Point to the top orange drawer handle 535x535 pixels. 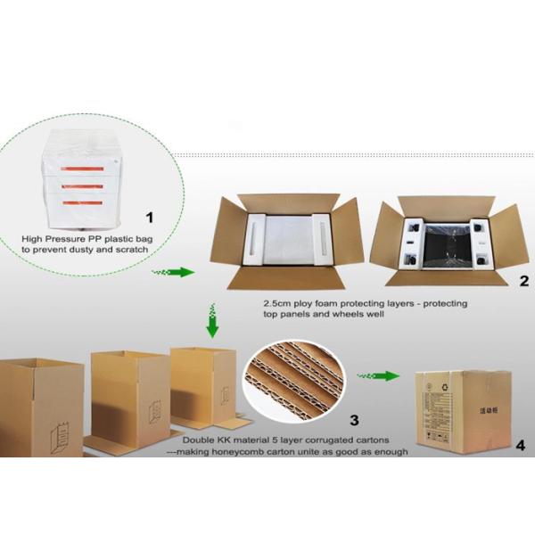click(87, 168)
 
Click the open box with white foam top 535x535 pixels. click(284, 241)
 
